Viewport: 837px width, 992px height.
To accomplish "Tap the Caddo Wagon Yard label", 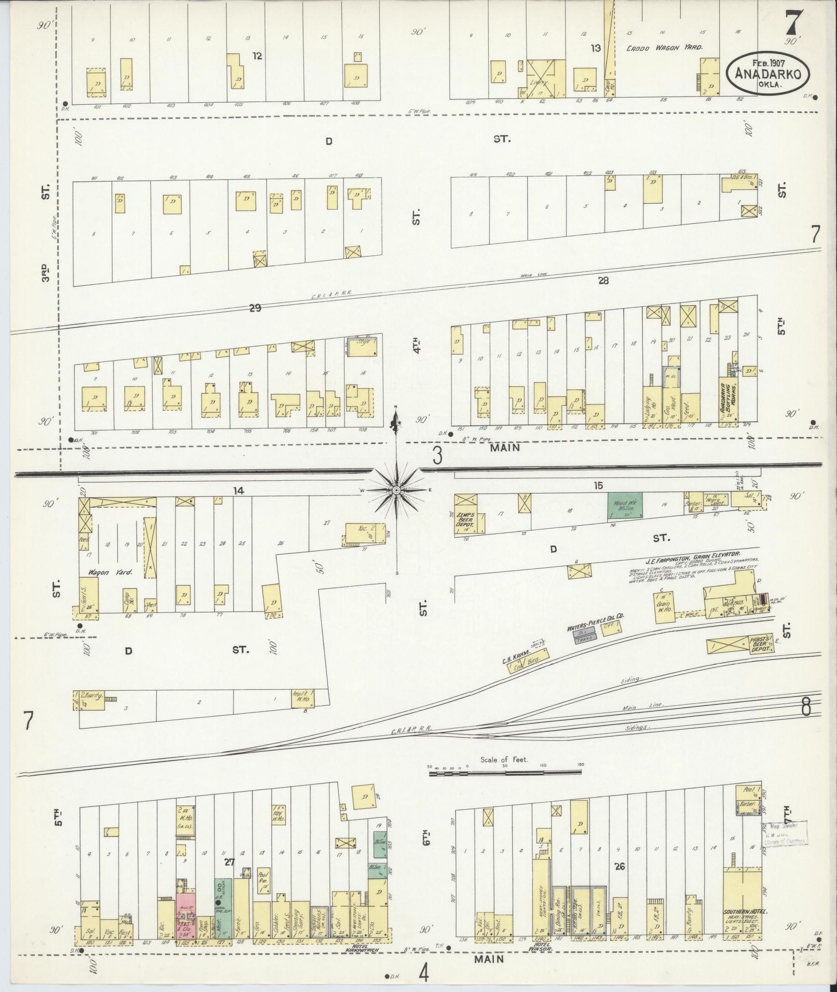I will (x=665, y=47).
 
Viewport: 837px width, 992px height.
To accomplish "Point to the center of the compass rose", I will (x=396, y=490).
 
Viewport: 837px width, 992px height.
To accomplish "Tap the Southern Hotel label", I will (x=742, y=912).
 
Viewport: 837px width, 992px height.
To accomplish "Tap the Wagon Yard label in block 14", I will (x=107, y=573).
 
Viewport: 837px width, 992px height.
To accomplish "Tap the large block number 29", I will (x=255, y=309).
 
